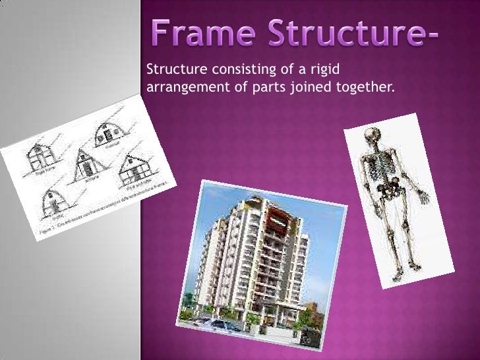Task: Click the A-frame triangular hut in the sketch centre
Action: click(x=83, y=162)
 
